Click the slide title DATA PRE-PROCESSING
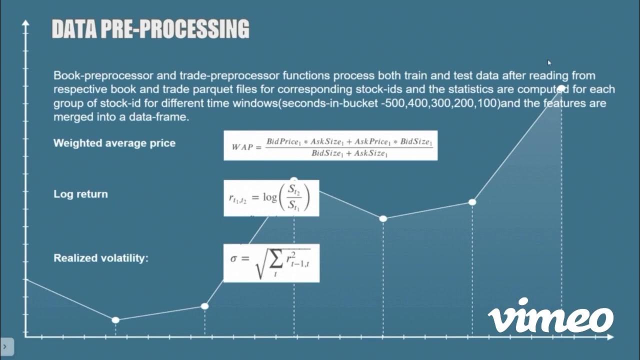pos(150,29)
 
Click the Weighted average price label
pos(114,143)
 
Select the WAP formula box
pos(330,145)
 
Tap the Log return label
pos(80,194)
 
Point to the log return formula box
pos(271,198)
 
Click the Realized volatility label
pos(101,258)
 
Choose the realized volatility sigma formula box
pos(271,263)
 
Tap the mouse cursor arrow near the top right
pos(549,62)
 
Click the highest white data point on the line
pos(561,89)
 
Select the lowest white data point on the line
pos(115,320)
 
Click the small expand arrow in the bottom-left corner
pos(5,346)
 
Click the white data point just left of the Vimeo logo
pos(472,202)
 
